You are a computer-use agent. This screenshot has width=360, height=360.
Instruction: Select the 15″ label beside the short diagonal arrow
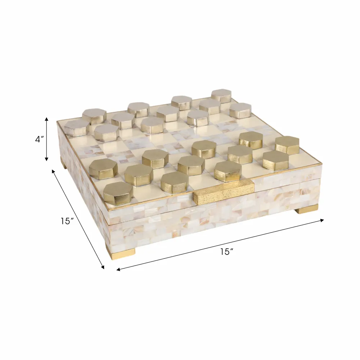point(67,221)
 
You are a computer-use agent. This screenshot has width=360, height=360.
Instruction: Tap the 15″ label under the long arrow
point(227,252)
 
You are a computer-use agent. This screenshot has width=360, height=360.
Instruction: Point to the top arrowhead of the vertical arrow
point(46,119)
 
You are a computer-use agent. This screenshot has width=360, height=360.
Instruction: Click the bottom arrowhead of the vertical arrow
point(46,159)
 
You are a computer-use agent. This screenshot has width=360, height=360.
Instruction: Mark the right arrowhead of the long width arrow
point(322,220)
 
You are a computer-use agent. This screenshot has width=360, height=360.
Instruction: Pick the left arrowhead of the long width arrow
point(118,269)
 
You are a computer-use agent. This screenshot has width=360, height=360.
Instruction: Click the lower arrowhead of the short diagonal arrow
point(103,266)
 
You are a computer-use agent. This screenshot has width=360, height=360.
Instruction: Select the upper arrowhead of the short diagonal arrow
point(54,171)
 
